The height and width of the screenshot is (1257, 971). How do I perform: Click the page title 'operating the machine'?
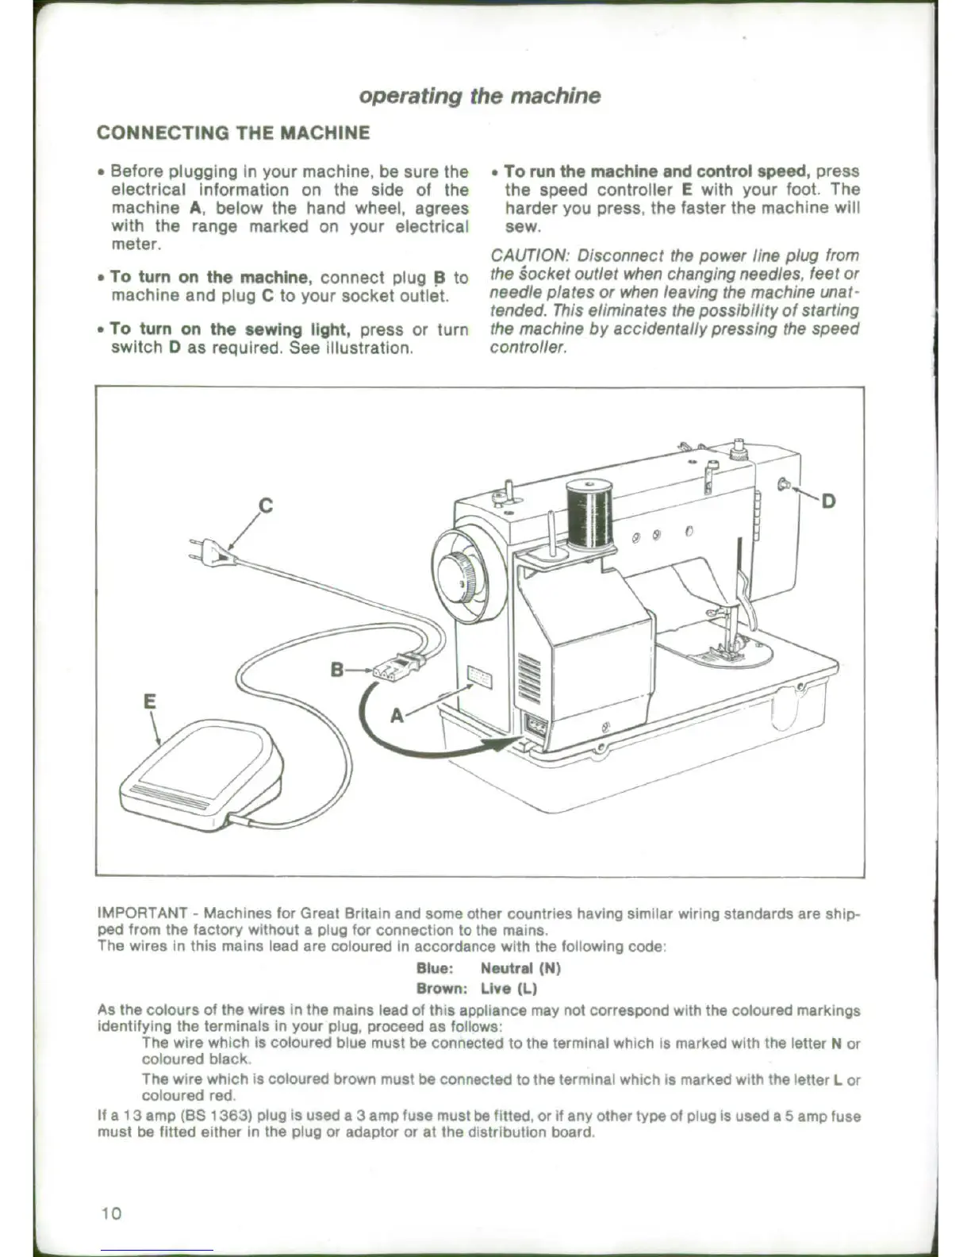click(479, 96)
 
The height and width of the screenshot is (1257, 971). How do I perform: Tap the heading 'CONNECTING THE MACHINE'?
click(232, 133)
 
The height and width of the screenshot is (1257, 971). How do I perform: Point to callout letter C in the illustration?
click(267, 505)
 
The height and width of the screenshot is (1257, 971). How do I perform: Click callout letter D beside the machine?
click(828, 501)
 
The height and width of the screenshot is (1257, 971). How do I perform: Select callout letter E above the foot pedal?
click(149, 702)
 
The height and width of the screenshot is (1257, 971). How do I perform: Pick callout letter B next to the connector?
click(337, 670)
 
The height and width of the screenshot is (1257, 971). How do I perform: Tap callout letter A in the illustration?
click(397, 716)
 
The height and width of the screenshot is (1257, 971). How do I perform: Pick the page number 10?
click(111, 1213)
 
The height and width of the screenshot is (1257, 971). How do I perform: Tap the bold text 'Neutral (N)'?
click(520, 968)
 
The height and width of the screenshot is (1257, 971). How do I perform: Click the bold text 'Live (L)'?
click(509, 989)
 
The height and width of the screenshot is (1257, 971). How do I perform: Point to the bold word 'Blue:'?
click(435, 968)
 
